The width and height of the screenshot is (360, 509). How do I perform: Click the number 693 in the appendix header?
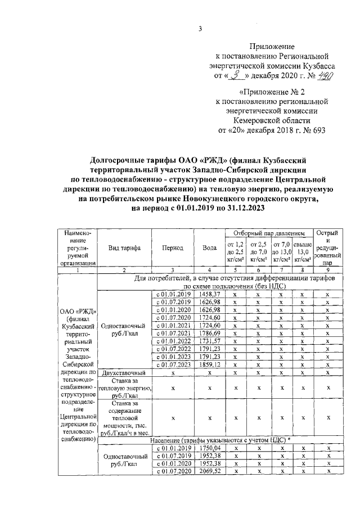point(317,130)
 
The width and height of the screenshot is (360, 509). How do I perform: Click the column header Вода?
point(209,247)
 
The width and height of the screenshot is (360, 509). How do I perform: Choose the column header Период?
point(170,247)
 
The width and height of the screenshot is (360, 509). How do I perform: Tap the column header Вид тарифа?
point(125,247)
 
